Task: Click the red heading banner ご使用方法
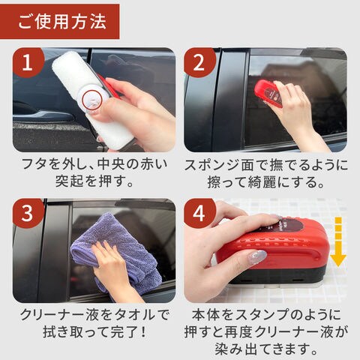tap(59, 22)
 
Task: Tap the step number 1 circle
tap(28, 63)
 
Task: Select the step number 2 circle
tap(199, 63)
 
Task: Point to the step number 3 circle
tap(28, 213)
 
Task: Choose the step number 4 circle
tap(199, 213)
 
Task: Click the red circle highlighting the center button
tap(92, 100)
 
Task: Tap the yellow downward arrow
tap(338, 241)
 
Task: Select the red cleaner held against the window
tap(268, 93)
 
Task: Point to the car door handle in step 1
tap(43, 114)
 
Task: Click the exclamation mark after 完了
tap(143, 331)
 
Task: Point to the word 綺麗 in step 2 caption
tap(262, 182)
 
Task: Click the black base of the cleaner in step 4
tap(275, 276)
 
